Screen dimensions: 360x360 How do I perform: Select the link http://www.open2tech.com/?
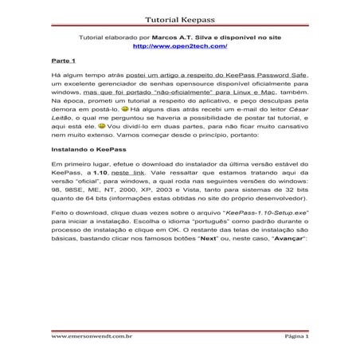(x=179, y=46)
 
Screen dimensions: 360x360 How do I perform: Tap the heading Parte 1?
(x=63, y=61)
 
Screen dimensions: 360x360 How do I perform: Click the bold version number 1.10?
(x=100, y=172)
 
